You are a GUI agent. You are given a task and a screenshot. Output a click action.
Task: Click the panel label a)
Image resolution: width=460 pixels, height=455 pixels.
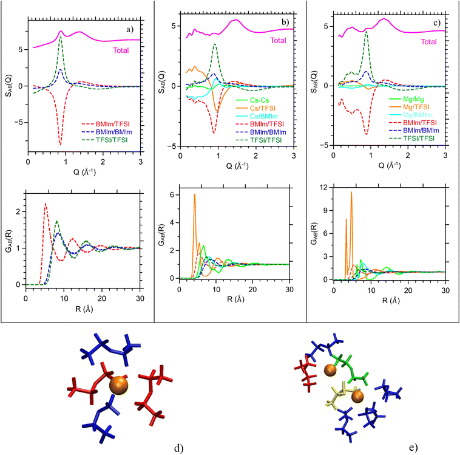130,29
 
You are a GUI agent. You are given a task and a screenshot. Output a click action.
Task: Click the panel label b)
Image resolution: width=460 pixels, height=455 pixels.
285,22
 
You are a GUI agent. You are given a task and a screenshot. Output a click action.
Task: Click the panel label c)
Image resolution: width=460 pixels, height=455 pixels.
437,23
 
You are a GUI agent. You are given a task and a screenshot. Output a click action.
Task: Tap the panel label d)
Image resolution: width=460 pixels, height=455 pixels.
178,448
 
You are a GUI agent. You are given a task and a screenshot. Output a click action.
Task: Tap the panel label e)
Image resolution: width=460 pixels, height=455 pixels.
413,447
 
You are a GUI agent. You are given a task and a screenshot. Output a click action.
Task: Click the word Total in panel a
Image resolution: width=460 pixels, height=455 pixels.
121,50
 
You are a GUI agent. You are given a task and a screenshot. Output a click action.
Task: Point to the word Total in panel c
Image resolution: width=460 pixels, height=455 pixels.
428,42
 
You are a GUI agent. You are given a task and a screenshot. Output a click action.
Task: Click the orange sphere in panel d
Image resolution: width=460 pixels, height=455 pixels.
118,385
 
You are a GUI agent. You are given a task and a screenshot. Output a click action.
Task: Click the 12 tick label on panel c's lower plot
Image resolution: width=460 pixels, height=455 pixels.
323,187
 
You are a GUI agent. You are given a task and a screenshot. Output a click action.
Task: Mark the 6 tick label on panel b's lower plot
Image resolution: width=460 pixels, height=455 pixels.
172,195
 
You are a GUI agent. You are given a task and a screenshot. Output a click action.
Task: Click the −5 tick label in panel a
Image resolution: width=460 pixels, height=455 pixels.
18,123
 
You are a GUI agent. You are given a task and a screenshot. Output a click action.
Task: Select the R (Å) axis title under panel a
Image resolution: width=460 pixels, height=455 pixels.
84,309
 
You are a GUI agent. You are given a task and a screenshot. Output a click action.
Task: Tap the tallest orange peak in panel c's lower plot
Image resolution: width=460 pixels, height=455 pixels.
351,193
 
